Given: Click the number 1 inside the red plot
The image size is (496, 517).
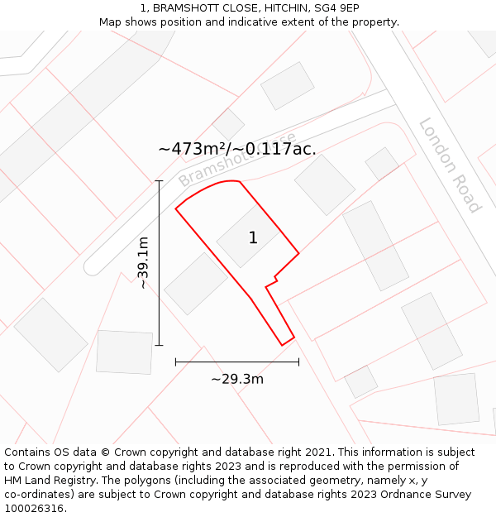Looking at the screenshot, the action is (253, 238).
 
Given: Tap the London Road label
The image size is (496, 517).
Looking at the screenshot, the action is (450, 165).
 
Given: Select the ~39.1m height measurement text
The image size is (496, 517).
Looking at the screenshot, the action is (142, 262).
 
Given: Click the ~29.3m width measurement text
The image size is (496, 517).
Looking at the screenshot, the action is (237, 379).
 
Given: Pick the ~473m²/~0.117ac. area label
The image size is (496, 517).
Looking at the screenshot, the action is (237, 149).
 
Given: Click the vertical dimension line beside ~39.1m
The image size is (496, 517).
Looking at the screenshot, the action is (159, 262).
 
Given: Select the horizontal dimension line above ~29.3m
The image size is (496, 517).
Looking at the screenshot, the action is (237, 361).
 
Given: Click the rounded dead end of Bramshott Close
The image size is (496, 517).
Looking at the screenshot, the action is (93, 265).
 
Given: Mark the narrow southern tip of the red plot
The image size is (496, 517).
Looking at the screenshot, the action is (286, 339).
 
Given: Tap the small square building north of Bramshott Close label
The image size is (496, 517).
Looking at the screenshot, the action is (227, 124).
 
